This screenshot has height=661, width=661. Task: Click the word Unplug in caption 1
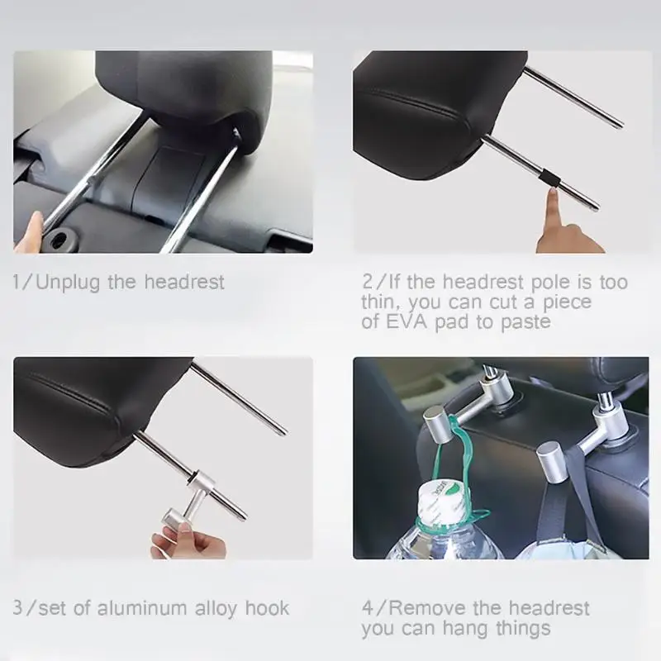[68, 283]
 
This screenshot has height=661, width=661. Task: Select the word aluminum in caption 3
[142, 608]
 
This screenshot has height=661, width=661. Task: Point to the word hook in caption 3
[267, 608]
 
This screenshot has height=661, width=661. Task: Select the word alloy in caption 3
[216, 609]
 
